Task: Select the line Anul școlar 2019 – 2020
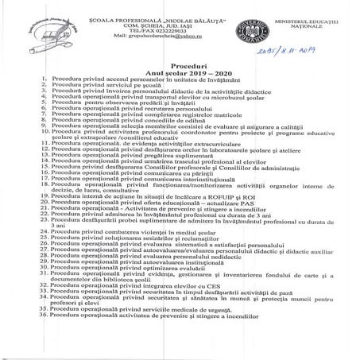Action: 190,75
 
